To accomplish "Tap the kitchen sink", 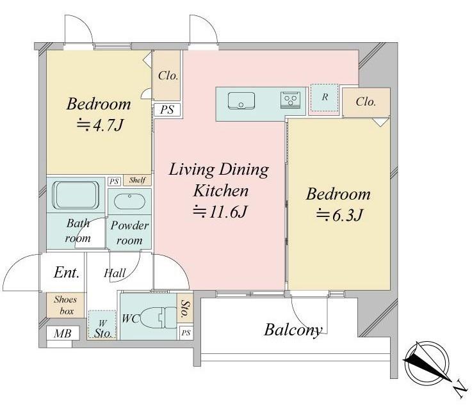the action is coord(241,100).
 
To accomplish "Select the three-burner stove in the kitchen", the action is coord(290,100).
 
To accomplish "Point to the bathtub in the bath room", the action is coord(76,195).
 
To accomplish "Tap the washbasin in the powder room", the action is coord(129,202).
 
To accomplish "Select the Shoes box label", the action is coord(65,305).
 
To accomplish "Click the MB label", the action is coord(63,333).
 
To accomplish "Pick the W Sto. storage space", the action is coord(102,325).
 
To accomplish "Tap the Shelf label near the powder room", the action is coord(137,180).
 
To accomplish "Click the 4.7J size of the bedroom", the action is coord(100,125).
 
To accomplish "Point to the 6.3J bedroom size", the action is coord(339,214).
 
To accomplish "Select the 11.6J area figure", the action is coord(220,211).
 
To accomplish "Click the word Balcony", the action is coord(293,330).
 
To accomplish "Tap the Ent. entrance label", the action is coord(67,273).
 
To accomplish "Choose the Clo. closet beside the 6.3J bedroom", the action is coord(366,102).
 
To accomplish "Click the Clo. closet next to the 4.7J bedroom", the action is coord(167,76).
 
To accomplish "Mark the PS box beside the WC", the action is coord(186,333).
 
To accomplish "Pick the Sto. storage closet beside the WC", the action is coord(185,309).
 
